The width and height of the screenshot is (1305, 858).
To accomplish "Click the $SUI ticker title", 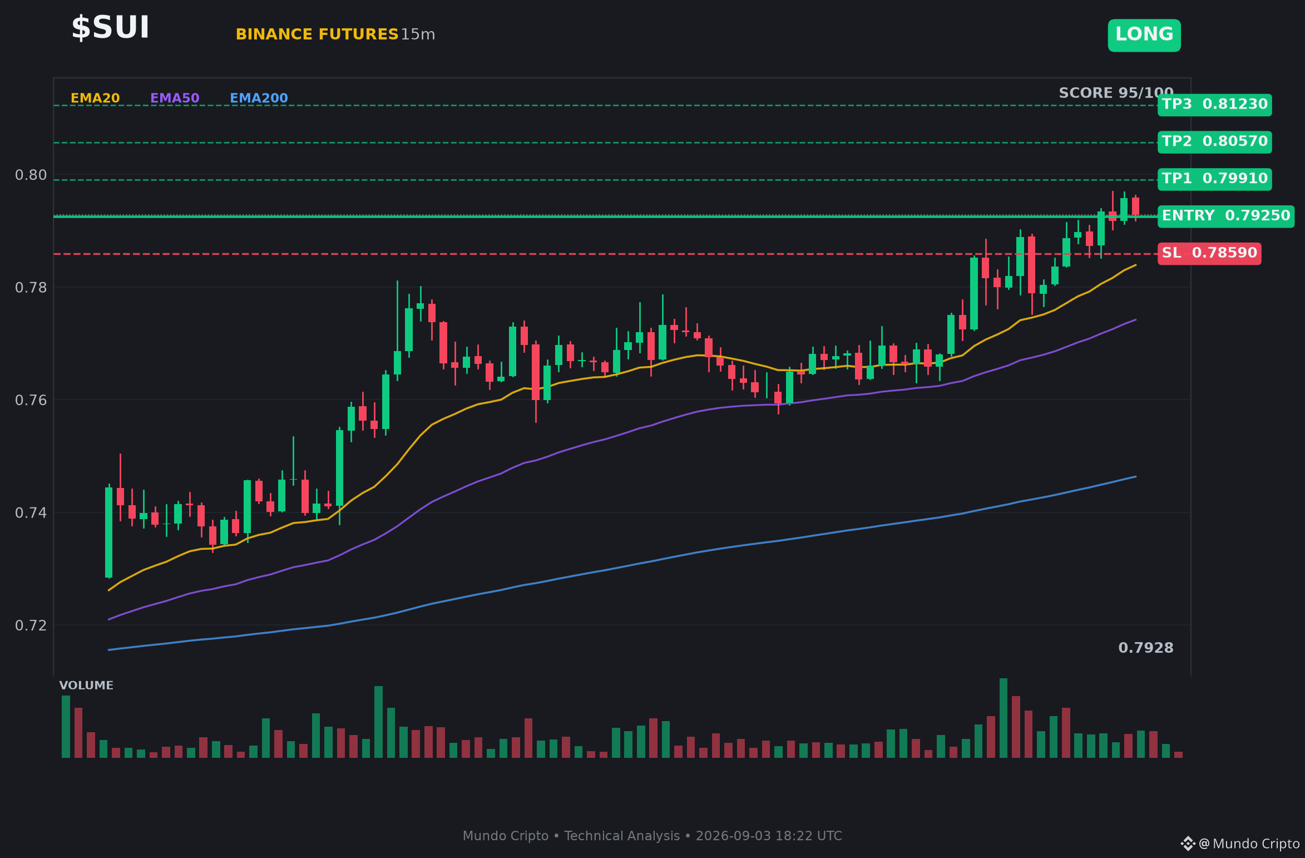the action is coord(110,27).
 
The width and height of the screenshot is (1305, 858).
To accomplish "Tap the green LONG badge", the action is coord(1144,35).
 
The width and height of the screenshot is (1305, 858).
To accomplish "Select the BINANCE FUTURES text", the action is coord(317,34).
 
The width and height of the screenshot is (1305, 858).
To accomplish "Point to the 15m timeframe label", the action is coord(418,34).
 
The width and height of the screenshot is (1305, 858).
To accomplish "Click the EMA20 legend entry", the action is coord(95,98).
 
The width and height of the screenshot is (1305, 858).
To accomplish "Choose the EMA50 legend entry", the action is coord(175,98).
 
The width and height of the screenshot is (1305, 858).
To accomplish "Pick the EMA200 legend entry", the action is coord(259,98).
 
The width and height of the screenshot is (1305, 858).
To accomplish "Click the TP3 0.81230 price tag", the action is coord(1215,105).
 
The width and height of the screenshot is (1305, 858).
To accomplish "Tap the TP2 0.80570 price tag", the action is coord(1215,142).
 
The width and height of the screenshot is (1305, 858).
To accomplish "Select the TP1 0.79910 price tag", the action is coord(1215,179).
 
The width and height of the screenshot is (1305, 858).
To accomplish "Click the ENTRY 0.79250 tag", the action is coord(1226,216).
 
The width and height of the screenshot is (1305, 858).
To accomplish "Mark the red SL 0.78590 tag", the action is coord(1209,254).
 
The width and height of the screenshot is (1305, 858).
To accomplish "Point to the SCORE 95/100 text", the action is coord(1116,93).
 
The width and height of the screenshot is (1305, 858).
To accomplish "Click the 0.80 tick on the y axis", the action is coord(31,175).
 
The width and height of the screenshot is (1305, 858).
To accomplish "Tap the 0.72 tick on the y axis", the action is coord(31,625).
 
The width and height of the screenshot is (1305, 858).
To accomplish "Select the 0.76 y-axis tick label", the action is coord(31,401).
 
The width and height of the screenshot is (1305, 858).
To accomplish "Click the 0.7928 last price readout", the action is coord(1146,648).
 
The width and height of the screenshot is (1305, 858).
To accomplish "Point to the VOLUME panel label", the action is coord(86,686).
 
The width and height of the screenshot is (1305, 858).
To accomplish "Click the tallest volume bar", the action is coord(1004,718).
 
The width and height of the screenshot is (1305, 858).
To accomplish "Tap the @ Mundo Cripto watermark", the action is coord(1249,844).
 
